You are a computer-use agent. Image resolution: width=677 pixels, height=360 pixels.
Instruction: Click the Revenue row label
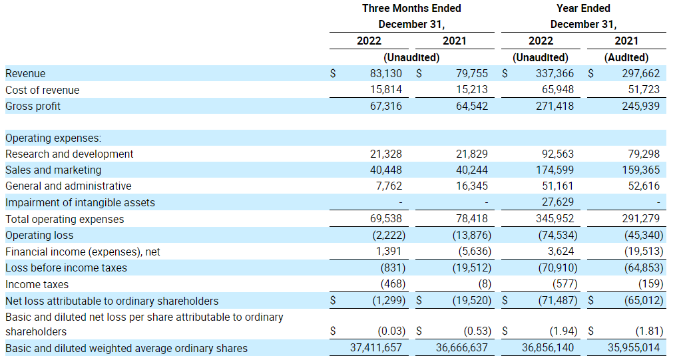coord(25,74)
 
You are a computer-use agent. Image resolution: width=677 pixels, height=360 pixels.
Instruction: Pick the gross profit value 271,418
coord(555,106)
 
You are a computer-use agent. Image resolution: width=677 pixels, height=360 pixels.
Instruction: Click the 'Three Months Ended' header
coord(411,9)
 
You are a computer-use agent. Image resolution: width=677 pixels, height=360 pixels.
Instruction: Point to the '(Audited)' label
coord(626,58)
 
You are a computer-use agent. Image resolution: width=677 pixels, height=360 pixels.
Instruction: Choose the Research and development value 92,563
coord(557,154)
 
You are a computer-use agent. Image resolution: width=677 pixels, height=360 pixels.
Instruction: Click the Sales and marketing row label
coord(53,170)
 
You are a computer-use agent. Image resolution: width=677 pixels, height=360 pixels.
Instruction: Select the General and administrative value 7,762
coord(387,186)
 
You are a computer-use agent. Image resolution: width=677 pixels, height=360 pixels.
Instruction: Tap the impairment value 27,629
coord(557,202)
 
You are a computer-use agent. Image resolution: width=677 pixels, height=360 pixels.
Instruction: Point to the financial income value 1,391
coord(388,252)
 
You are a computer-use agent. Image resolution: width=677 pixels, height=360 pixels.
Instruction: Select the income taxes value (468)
coord(389,284)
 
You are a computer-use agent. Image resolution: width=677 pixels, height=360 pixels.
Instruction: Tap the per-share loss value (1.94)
coord(559,331)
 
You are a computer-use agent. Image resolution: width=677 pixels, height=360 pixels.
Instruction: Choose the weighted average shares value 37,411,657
coord(376,348)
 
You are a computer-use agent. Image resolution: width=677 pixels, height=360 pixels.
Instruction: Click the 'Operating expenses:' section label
coord(53,138)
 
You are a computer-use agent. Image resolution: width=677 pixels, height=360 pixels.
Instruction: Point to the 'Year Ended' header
coord(583,9)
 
